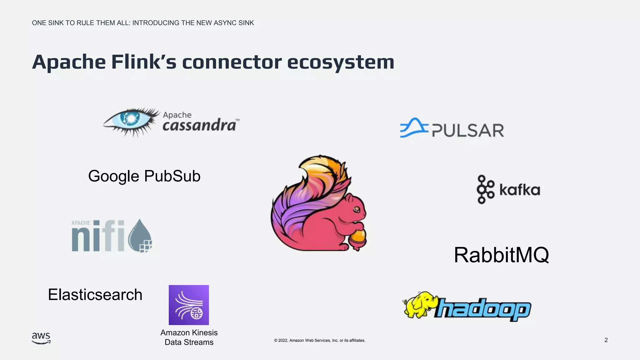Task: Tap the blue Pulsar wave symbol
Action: click(x=413, y=128)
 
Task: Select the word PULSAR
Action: click(x=468, y=131)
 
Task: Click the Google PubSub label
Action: click(x=144, y=176)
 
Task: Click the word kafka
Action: click(x=520, y=190)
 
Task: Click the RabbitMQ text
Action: click(x=501, y=255)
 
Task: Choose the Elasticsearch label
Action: click(x=95, y=295)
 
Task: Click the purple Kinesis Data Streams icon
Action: click(x=189, y=305)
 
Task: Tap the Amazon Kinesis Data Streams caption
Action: click(x=189, y=337)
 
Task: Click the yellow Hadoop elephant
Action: click(x=418, y=305)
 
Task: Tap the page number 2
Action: click(x=606, y=340)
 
